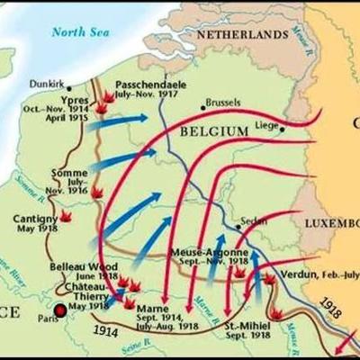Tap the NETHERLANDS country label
click(251, 32)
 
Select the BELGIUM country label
click(213, 131)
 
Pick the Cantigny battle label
click(35, 218)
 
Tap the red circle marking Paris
click(60, 311)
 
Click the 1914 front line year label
click(106, 331)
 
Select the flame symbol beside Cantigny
click(65, 216)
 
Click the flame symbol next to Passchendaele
click(109, 94)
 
